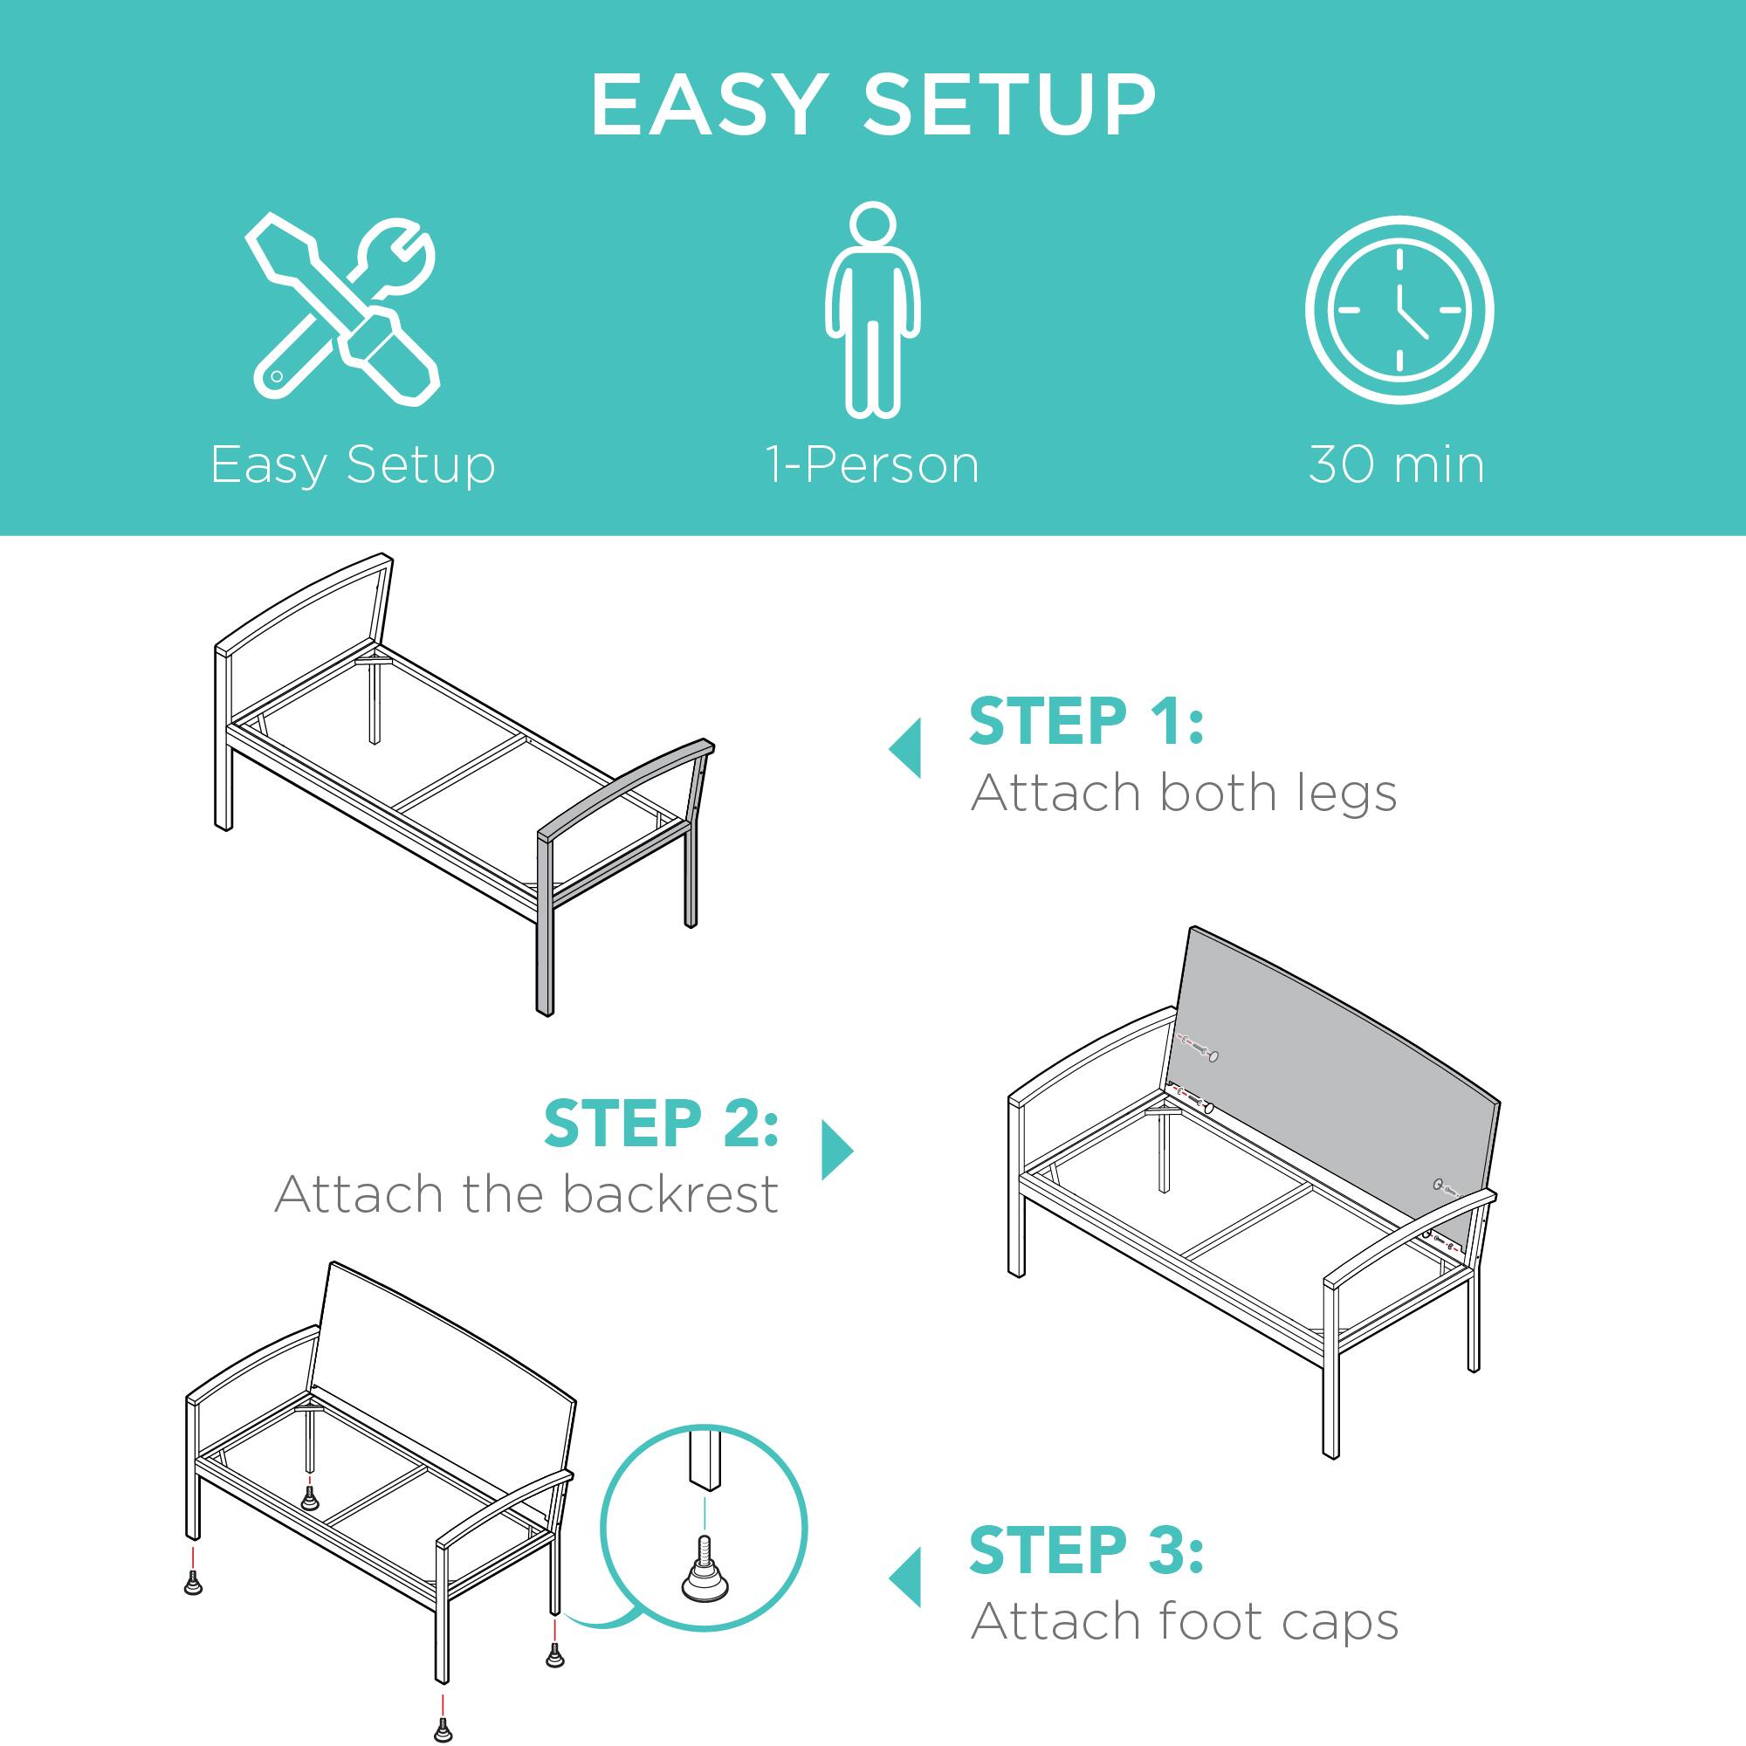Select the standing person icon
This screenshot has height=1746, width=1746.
point(872,309)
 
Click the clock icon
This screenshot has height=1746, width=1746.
point(1398,310)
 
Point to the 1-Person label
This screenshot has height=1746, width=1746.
point(873,466)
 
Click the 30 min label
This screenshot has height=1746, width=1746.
point(1396,466)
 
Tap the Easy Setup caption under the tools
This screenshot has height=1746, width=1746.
point(353,466)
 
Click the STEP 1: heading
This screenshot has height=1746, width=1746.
point(1086,722)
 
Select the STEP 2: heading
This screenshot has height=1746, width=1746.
point(661,1124)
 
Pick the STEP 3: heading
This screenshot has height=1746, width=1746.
point(1086,1550)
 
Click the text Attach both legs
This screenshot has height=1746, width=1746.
point(1183,794)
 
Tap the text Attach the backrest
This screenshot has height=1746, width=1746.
point(526,1195)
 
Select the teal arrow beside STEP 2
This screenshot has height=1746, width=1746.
point(837,1151)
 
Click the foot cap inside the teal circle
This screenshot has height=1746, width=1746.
point(705,1581)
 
